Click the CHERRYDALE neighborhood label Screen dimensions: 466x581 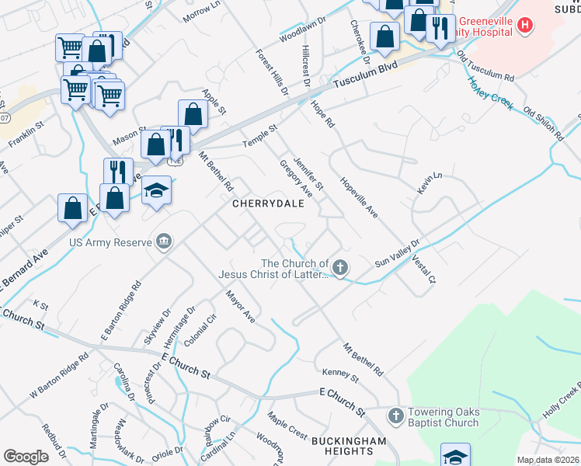(273, 203)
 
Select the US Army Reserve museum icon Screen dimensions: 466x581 (163, 242)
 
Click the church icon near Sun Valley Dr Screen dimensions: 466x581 (339, 268)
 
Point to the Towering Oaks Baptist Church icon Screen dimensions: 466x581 (395, 416)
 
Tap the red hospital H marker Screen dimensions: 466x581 (526, 26)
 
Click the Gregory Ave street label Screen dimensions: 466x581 (295, 179)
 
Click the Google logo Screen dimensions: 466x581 (26, 457)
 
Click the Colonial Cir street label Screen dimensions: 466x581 (200, 331)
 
